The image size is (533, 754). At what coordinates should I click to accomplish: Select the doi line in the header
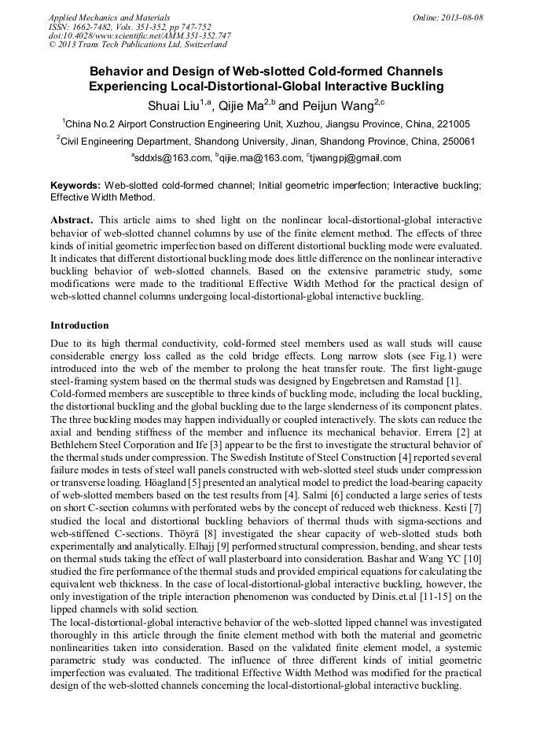[139, 35]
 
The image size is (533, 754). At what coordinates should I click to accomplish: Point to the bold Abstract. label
[72, 220]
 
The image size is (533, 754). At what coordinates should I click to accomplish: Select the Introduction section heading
[79, 325]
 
